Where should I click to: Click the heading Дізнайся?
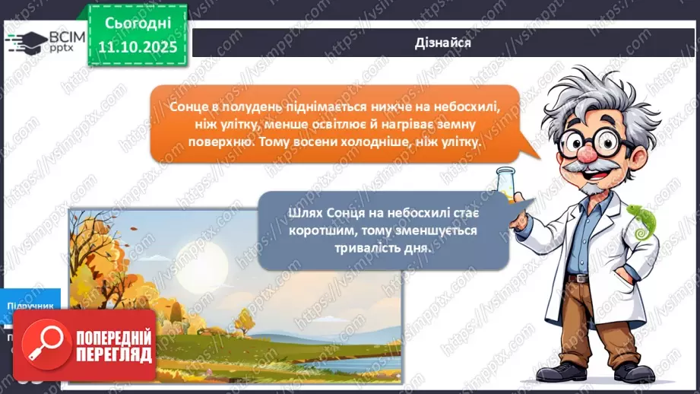tap(444, 43)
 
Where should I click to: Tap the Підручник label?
tap(30, 306)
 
